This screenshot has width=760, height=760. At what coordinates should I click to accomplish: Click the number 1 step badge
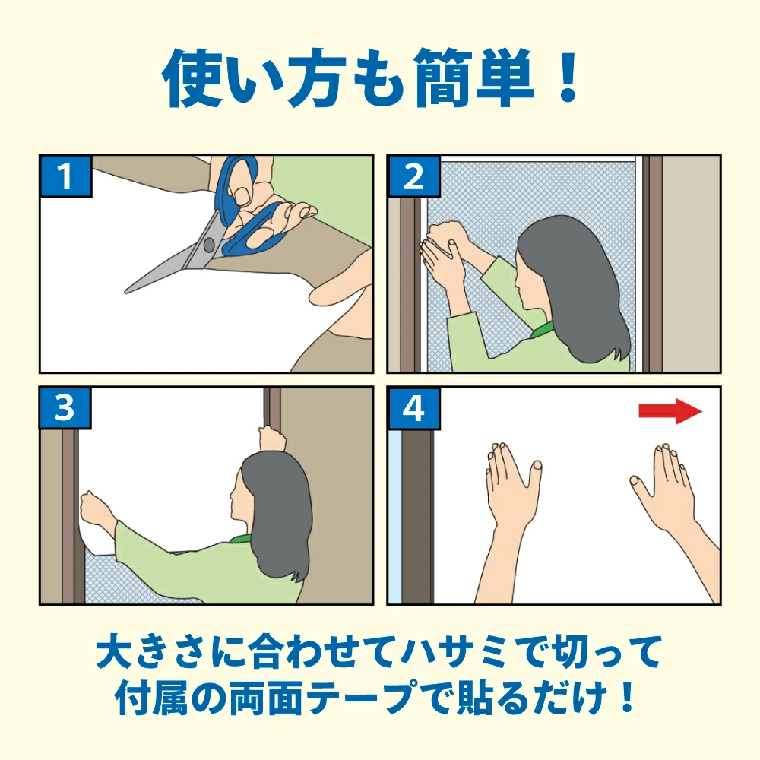[66, 176]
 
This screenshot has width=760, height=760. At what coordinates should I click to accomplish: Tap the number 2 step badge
[413, 176]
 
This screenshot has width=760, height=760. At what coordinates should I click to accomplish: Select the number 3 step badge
[66, 408]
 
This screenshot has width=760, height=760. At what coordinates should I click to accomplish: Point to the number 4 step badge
[413, 408]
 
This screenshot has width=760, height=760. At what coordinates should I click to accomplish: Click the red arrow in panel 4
[670, 411]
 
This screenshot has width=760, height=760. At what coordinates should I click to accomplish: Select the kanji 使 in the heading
[192, 78]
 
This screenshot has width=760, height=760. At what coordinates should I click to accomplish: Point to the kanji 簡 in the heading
[444, 78]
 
